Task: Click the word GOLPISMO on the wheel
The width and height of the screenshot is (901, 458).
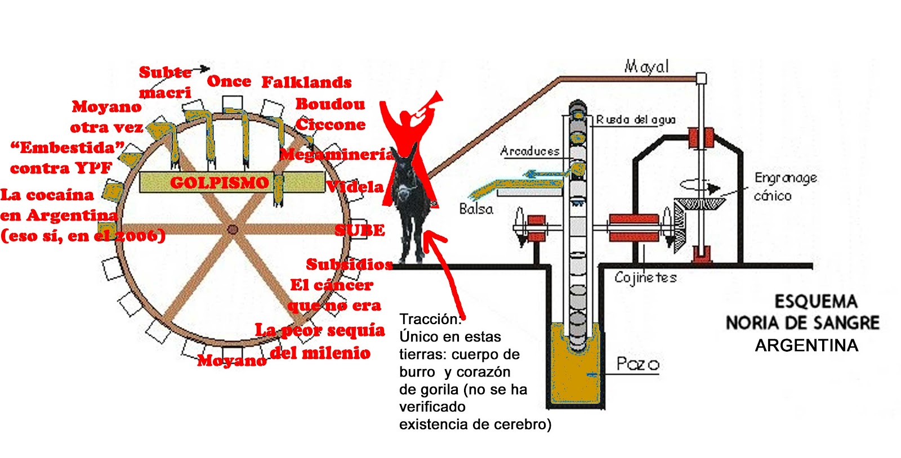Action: click(219, 183)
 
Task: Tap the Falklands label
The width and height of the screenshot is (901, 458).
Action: click(306, 83)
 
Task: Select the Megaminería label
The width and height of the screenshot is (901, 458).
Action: click(336, 154)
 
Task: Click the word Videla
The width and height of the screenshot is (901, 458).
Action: click(356, 187)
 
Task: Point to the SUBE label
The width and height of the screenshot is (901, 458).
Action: click(360, 230)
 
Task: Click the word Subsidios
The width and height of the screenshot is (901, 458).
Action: click(349, 264)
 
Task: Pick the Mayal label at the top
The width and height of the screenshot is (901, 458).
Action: click(646, 67)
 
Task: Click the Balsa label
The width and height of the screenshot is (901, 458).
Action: click(476, 209)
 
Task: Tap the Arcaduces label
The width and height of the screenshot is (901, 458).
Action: click(530, 151)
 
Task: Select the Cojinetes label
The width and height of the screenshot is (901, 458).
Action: click(645, 277)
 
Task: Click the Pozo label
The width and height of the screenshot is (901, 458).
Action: click(637, 363)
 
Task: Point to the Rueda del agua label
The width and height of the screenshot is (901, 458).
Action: click(636, 120)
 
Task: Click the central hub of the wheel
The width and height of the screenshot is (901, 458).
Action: click(232, 229)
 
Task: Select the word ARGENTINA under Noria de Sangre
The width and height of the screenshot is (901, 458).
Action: click(806, 345)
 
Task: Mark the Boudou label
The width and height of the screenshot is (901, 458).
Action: click(330, 104)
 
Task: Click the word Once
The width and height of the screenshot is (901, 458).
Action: click(229, 82)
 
